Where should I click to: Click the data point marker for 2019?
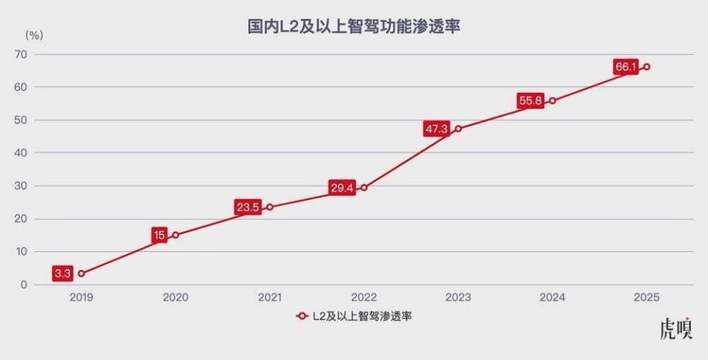click(80, 274)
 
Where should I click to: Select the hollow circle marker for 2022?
click(364, 187)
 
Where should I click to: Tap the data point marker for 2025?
click(646, 67)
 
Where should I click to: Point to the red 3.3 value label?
click(63, 274)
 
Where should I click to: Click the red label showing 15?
click(159, 235)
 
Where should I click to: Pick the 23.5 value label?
click(248, 207)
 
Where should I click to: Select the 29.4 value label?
click(342, 188)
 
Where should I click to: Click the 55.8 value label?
click(531, 101)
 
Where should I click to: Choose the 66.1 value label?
click(625, 67)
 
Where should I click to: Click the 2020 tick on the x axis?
click(176, 298)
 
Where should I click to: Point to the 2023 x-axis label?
click(458, 298)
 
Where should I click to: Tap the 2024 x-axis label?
click(552, 298)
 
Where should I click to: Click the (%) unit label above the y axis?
click(35, 35)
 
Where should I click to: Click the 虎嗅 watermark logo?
click(676, 329)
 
